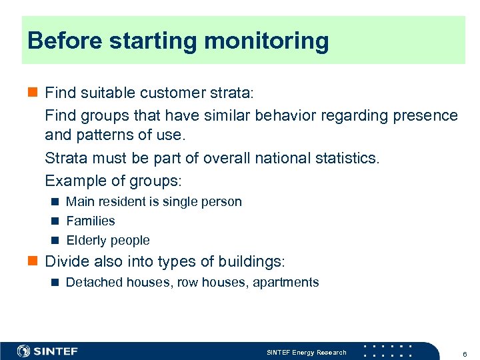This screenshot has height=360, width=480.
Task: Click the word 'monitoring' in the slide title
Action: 267,41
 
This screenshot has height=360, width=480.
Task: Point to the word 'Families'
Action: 91,221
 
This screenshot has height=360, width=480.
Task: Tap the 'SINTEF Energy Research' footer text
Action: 307,352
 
